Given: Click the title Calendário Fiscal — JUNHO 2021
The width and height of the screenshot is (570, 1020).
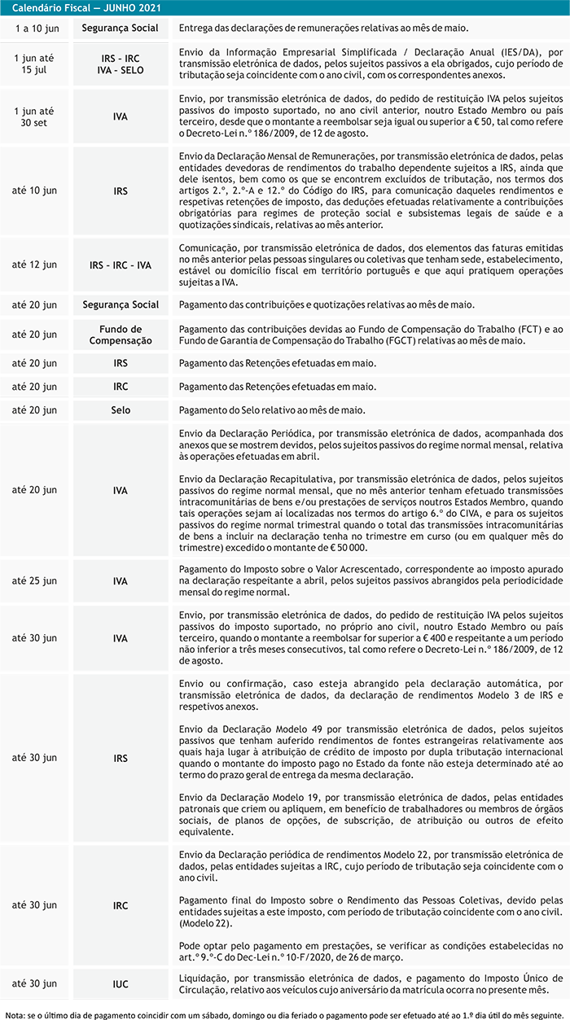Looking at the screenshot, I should [86, 8].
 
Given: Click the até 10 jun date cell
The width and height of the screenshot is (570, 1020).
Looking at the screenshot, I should [35, 190].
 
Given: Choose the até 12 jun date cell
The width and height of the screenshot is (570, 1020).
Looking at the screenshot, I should [35, 265].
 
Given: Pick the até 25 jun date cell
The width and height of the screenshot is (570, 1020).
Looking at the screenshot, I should [35, 581].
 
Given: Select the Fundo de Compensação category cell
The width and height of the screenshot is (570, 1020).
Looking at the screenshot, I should [120, 335].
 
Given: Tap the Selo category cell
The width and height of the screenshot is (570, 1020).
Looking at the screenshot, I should [120, 410].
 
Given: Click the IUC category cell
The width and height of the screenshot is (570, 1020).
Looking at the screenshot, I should [120, 984].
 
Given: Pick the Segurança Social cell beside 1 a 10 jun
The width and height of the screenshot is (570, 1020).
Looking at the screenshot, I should [120, 28].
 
